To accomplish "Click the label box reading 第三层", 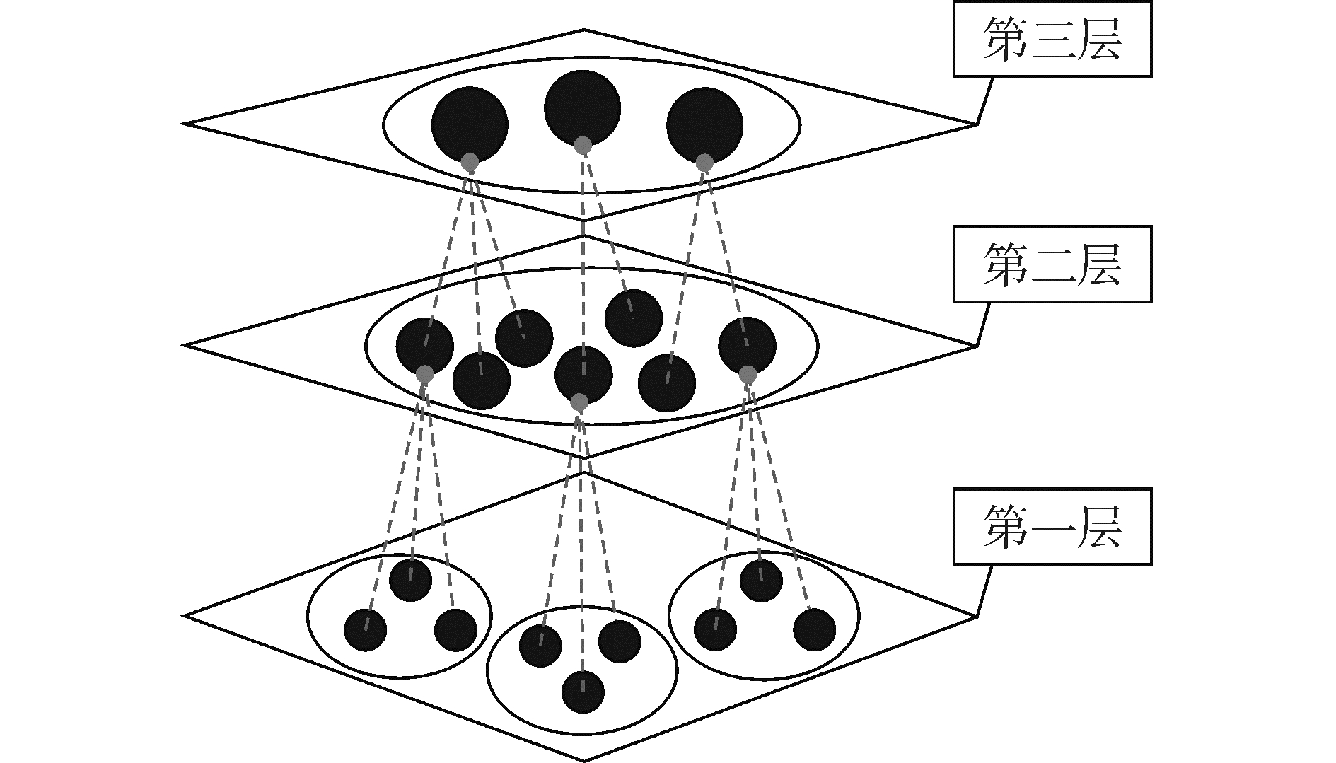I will (1052, 40).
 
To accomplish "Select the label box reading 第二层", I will (1052, 264).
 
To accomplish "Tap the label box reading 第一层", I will (1052, 527).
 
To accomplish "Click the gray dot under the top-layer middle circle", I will (582, 146).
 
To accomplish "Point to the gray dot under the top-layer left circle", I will (470, 162).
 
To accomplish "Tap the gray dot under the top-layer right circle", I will (704, 163).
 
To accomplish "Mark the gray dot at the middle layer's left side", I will (424, 374).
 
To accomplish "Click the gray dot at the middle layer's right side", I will (748, 375).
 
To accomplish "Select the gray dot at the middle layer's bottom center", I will (579, 402).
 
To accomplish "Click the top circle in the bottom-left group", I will (410, 580).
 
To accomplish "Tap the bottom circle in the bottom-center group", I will (583, 691).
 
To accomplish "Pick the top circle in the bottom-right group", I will (761, 581).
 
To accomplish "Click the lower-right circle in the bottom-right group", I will (814, 629).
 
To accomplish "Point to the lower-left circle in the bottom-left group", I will (366, 629).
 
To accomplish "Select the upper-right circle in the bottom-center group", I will (620, 641).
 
